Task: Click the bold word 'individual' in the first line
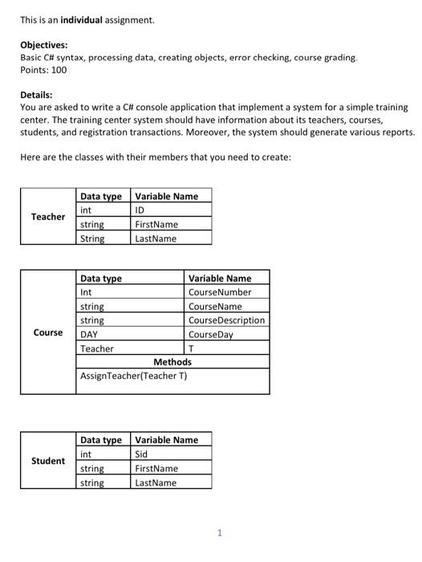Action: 81,19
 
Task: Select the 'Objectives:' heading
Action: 44,46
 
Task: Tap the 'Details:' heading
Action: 37,95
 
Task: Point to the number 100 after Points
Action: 58,70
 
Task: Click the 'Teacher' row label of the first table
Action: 48,217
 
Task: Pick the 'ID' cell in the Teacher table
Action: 141,210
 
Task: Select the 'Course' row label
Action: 48,332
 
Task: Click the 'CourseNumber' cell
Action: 220,292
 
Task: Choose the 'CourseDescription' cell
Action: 226,320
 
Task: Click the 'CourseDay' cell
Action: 210,335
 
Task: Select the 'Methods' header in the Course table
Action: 172,362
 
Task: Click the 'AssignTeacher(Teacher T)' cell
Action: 133,376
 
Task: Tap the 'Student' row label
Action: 48,461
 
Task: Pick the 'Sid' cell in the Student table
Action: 141,454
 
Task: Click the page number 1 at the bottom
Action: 220,532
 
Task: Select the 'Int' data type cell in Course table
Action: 87,292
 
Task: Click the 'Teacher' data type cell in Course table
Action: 97,348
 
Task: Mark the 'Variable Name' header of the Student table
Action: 166,440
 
